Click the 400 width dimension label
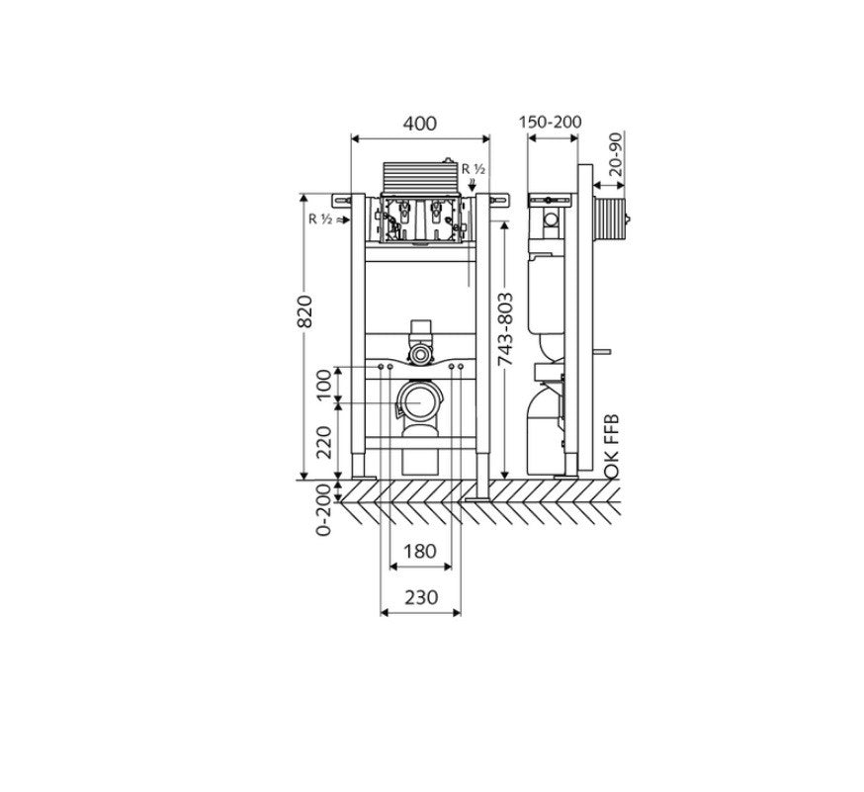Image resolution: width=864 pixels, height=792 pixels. [x=420, y=124]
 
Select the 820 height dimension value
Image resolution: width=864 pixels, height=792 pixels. [x=304, y=311]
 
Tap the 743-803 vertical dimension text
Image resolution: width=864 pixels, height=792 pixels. [x=505, y=329]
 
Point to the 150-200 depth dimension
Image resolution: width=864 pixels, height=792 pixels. [x=550, y=122]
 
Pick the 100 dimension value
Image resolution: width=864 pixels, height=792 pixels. [x=325, y=384]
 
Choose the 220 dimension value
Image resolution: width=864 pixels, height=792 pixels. [x=325, y=443]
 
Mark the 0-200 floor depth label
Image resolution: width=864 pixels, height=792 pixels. [x=323, y=509]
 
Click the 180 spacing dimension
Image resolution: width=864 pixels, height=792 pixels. [x=420, y=551]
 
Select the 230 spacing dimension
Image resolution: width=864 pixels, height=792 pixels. [x=421, y=597]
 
